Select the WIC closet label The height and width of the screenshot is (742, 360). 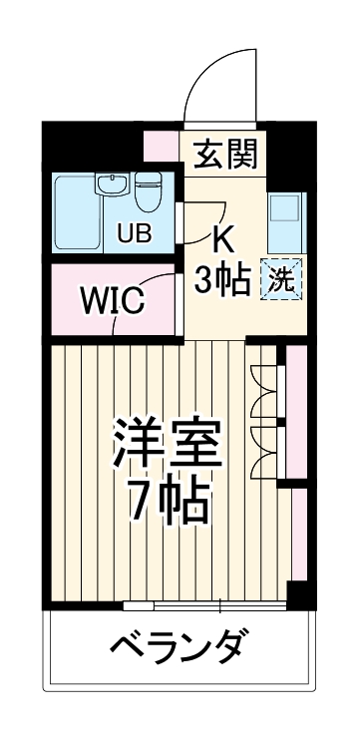click(112, 299)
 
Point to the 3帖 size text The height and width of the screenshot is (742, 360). click(221, 281)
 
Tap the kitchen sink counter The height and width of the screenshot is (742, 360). click(286, 220)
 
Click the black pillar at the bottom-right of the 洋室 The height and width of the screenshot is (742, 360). click(295, 593)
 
